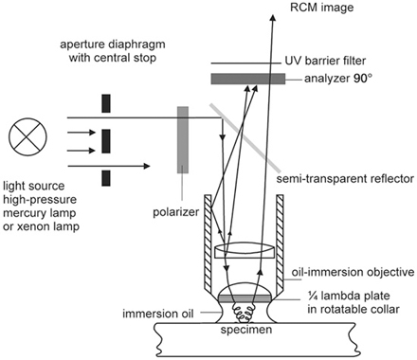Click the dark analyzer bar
[x=253, y=78]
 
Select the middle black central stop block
[x=102, y=131]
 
